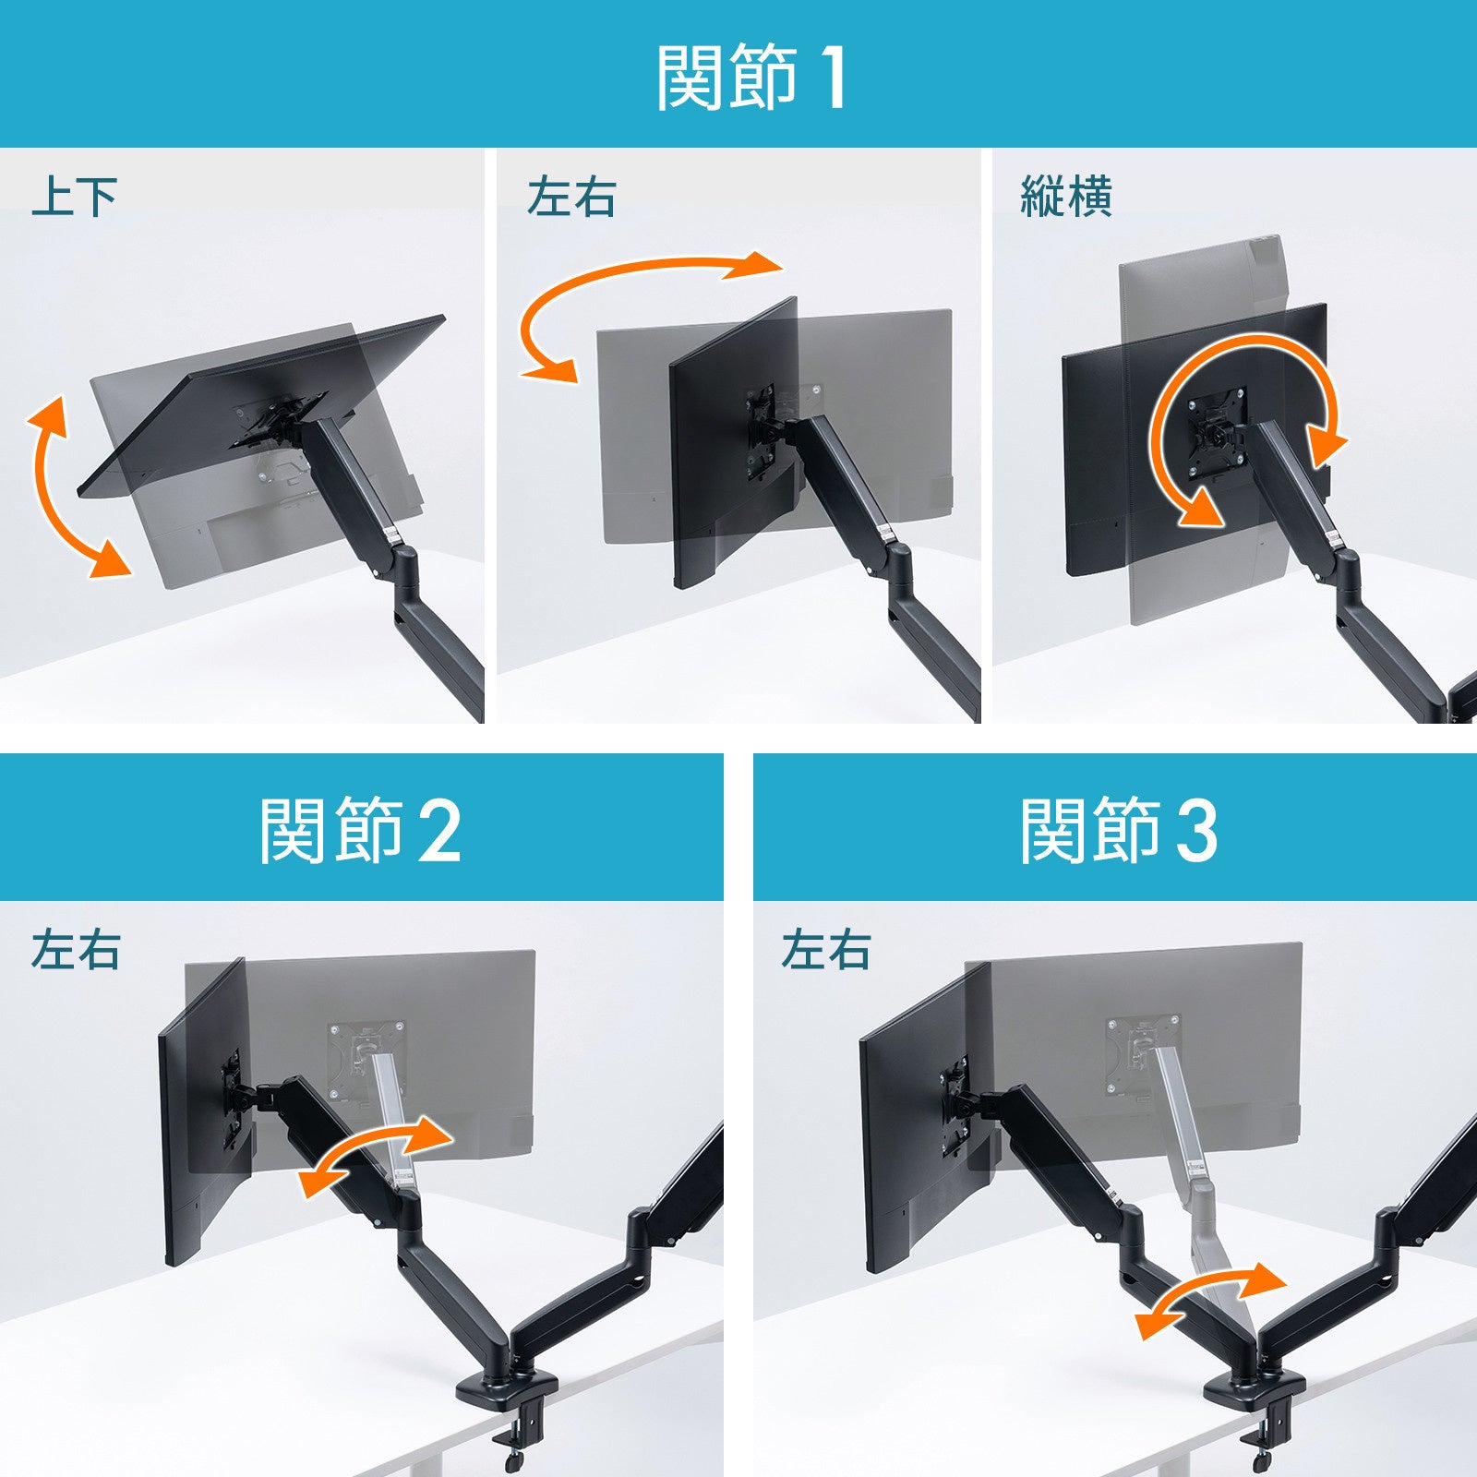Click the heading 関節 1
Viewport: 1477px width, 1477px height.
751,78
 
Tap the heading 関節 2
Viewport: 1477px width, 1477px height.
360,831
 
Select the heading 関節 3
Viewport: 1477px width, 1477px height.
1119,831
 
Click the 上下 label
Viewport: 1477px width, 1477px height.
75,197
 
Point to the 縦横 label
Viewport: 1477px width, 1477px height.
1066,197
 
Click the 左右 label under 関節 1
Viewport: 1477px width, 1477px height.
571,197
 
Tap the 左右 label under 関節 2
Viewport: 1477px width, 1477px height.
76,950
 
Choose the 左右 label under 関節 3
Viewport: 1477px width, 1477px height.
826,950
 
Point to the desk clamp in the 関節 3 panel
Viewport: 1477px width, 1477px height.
1255,1412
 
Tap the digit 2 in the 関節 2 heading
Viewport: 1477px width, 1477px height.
439,832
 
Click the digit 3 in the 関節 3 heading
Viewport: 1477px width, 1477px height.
1197,832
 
